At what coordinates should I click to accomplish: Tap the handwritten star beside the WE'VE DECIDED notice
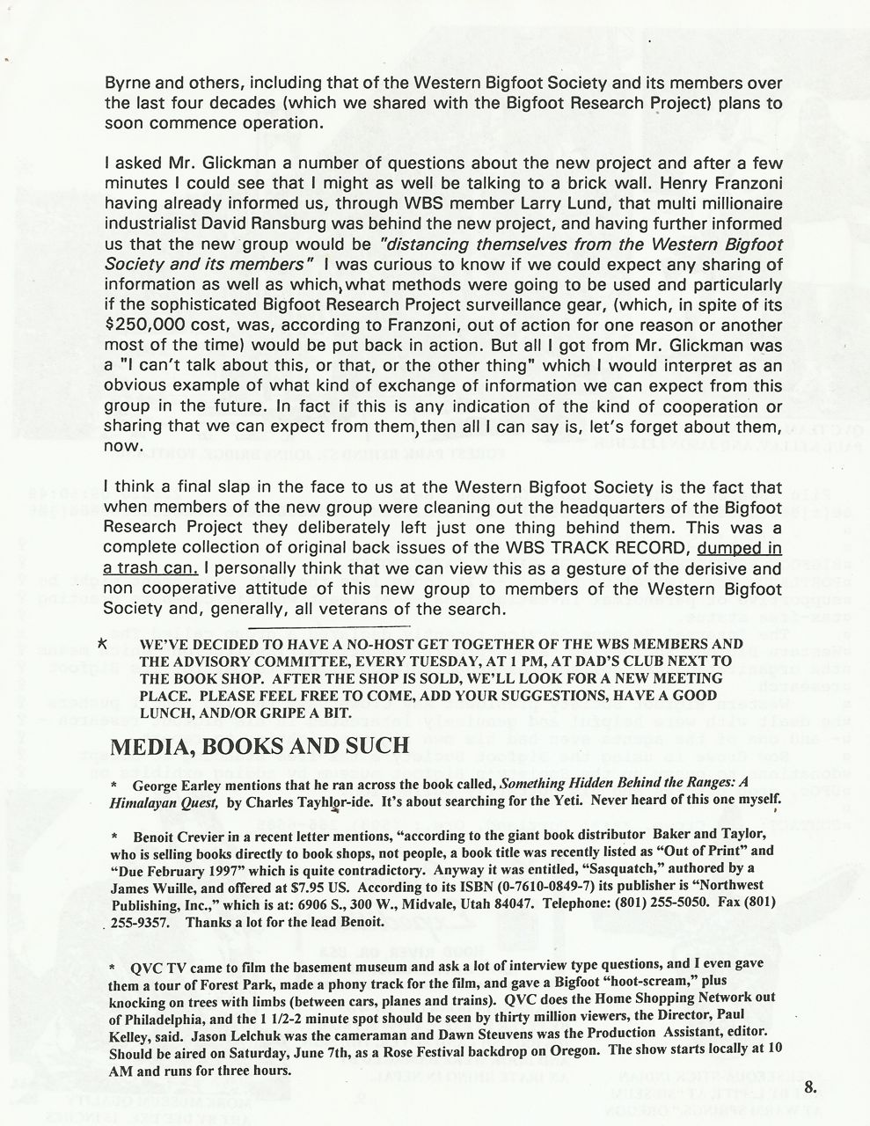(x=102, y=643)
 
